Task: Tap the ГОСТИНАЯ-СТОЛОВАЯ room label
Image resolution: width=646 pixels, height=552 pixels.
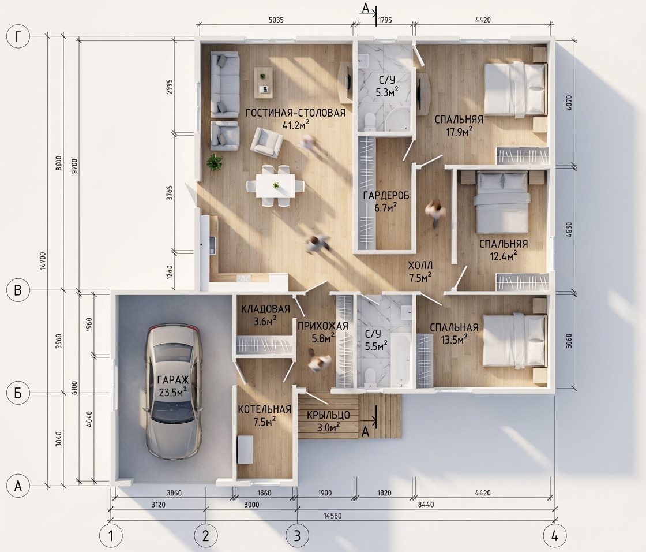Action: tap(295, 113)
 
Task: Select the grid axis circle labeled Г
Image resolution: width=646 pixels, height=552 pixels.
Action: tap(18, 37)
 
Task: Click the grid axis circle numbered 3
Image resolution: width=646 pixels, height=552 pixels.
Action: tap(296, 536)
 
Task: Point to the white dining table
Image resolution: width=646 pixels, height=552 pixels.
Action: tap(276, 186)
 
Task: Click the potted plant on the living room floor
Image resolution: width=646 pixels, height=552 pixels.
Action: tap(214, 162)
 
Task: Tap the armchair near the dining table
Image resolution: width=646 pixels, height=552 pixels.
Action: tap(268, 141)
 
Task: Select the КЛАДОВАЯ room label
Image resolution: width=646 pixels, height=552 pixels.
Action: tap(265, 309)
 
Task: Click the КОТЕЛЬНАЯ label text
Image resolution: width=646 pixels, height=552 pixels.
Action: tap(265, 409)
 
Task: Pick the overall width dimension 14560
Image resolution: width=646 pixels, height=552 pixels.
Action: tap(332, 516)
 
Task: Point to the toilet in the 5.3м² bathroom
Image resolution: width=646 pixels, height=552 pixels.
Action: tap(370, 120)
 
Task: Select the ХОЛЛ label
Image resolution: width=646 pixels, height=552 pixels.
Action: tap(420, 265)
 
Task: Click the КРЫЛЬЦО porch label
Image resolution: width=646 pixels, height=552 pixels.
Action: tap(329, 415)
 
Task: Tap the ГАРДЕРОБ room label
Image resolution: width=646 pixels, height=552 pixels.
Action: tap(386, 196)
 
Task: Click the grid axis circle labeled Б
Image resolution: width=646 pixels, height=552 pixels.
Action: tap(18, 393)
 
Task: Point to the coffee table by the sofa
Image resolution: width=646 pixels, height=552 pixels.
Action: tap(263, 83)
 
